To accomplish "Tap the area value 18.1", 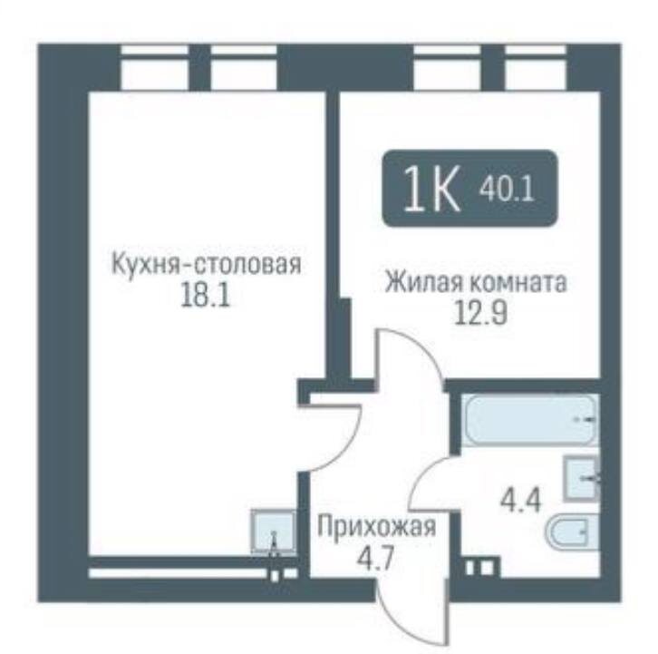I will tap(204, 298).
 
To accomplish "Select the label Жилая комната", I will tap(475, 282).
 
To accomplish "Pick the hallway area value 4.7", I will tap(375, 554).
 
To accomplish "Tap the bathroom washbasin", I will tap(579, 475).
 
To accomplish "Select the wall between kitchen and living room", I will tap(332, 227).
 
